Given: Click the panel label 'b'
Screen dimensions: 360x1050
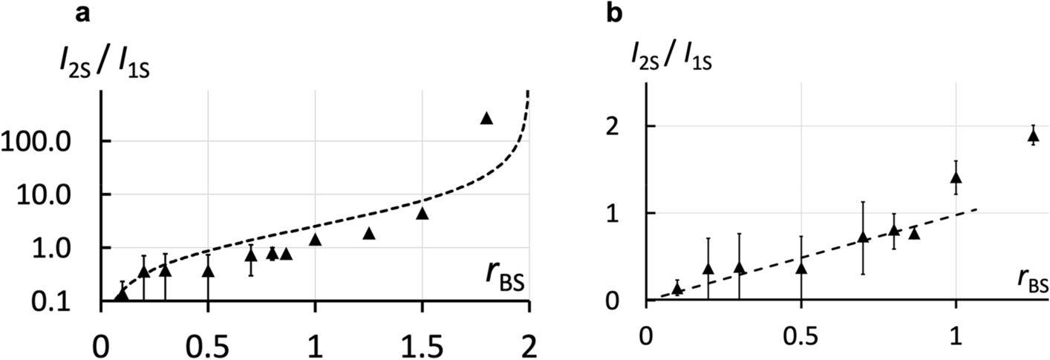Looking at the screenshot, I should (x=615, y=13).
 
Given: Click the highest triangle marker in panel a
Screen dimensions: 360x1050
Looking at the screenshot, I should (x=486, y=118).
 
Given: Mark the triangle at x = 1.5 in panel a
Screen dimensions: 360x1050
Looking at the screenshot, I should (x=423, y=214).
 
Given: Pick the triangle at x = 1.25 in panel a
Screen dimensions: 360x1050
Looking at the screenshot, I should (x=369, y=234).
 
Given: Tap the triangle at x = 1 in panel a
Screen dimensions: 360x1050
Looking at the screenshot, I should (x=315, y=239).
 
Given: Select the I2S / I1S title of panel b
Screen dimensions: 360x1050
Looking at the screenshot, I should (x=673, y=54).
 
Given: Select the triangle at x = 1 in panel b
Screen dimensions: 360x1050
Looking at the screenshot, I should (x=956, y=177).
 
